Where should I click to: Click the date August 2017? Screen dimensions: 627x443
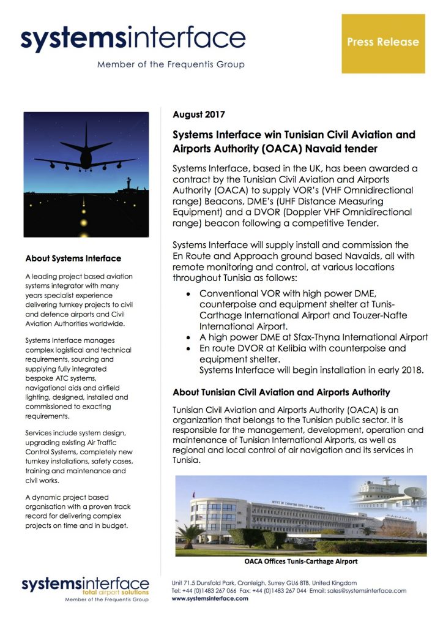(x=199, y=115)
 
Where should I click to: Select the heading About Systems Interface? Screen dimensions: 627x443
(x=73, y=258)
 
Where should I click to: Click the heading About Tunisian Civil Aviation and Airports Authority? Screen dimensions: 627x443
(x=281, y=392)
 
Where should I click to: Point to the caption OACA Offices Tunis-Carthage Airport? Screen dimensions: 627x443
(x=300, y=561)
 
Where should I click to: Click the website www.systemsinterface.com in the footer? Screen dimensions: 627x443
(x=210, y=599)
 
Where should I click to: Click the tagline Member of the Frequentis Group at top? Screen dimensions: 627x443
(x=171, y=64)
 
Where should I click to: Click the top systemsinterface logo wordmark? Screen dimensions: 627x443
(x=133, y=39)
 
